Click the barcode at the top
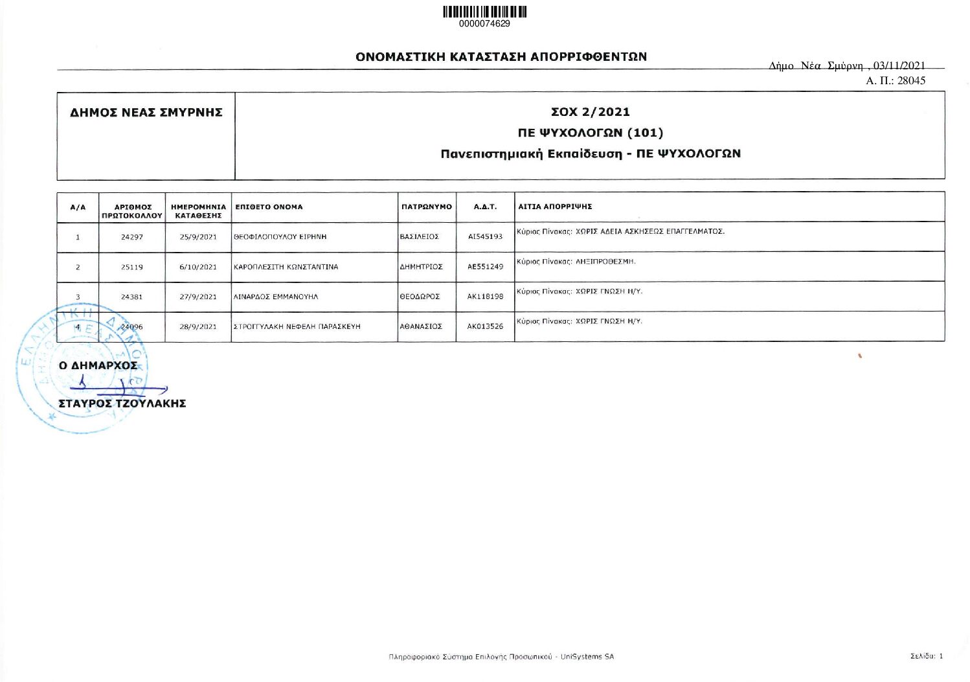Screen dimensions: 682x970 [x=484, y=12]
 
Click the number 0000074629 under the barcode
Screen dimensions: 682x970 [x=484, y=24]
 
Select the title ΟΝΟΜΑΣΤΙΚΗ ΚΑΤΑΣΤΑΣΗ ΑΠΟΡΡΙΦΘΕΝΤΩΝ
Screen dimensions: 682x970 [x=501, y=56]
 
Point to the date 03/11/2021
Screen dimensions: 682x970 [x=899, y=65]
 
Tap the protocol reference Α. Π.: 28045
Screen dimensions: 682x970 [x=896, y=81]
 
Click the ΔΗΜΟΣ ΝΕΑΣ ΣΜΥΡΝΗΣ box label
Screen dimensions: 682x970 [x=146, y=113]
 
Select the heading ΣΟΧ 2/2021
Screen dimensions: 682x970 [x=590, y=112]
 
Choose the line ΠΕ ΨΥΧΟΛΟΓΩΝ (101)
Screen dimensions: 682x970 [x=590, y=133]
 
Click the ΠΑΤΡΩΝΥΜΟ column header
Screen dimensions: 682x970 [x=427, y=207]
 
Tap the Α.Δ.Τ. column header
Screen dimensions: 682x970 [x=485, y=207]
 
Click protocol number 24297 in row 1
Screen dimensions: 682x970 [x=132, y=237]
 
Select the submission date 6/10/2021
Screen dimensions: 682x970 [x=198, y=267]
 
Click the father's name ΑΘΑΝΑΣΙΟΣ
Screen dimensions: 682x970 [x=421, y=326]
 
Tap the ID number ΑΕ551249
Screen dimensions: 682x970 [x=485, y=267]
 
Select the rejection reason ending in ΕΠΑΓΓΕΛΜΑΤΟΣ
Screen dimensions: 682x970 [x=620, y=231]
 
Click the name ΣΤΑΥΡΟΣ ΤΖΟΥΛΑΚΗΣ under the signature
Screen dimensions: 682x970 [x=122, y=404]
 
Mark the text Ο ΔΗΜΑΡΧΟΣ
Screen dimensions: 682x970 [x=98, y=365]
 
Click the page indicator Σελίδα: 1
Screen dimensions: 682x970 [x=927, y=656]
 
